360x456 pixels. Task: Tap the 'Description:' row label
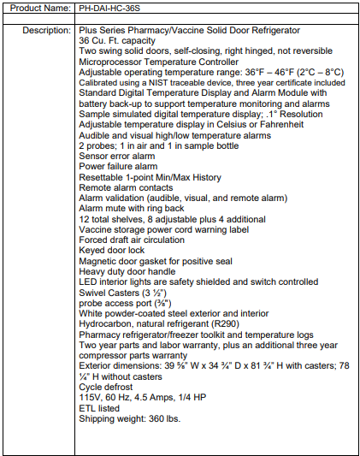click(46, 30)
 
